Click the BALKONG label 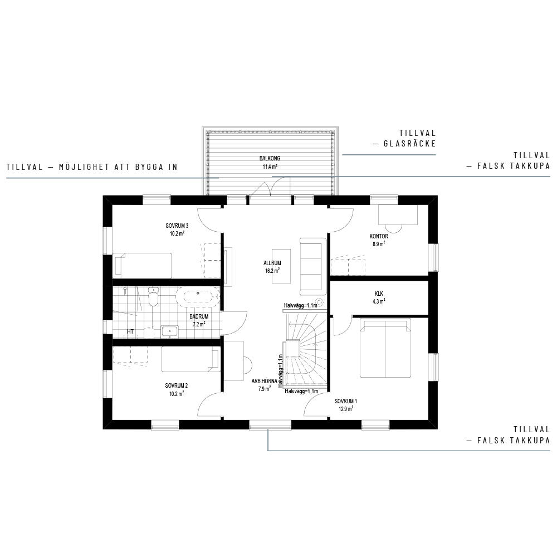pyautogui.click(x=270, y=158)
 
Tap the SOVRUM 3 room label pyautogui.click(x=177, y=226)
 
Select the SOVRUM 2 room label pyautogui.click(x=177, y=385)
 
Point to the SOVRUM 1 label pyautogui.click(x=346, y=401)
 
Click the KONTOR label pyautogui.click(x=379, y=236)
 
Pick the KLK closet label pyautogui.click(x=379, y=294)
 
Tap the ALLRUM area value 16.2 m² pyautogui.click(x=272, y=271)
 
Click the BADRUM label pyautogui.click(x=199, y=316)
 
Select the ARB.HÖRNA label pyautogui.click(x=264, y=381)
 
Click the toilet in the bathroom pyautogui.click(x=153, y=297)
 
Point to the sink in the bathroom pyautogui.click(x=170, y=331)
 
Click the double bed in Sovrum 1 pyautogui.click(x=385, y=348)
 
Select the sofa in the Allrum pyautogui.click(x=312, y=266)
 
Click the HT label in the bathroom pyautogui.click(x=130, y=332)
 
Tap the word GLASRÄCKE pyautogui.click(x=409, y=144)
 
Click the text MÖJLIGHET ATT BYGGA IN pyautogui.click(x=118, y=167)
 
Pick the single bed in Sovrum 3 pyautogui.click(x=142, y=265)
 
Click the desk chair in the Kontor pyautogui.click(x=393, y=228)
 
